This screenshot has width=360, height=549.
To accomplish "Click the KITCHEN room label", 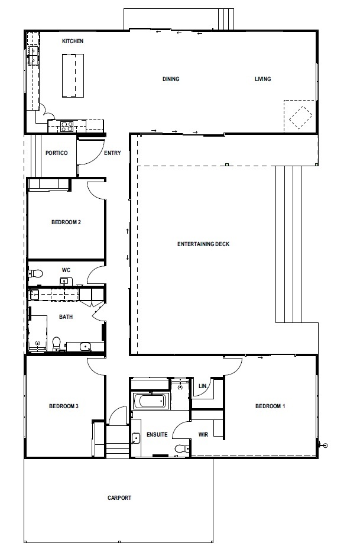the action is (73, 41).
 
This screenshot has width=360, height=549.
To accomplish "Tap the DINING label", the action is (171, 79).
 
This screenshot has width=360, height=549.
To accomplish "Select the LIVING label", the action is (262, 79).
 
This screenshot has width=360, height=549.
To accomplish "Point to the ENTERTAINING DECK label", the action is (203, 244).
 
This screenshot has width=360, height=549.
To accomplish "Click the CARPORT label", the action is (119, 498).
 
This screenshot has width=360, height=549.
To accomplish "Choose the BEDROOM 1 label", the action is (270, 406).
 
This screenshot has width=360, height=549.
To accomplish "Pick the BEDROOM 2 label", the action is (66, 222).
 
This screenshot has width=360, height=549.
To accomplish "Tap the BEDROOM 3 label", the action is (64, 406).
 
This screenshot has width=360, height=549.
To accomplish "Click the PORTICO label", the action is (56, 153).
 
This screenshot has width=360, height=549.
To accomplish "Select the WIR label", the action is (203, 434).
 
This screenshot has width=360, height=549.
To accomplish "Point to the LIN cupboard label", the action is (203, 386).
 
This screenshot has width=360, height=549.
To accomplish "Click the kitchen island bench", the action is (73, 75).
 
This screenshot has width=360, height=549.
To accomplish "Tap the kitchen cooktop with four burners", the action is (67, 126).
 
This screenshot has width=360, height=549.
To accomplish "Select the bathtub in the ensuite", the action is (151, 401).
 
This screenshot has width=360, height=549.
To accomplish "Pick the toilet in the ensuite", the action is (182, 448).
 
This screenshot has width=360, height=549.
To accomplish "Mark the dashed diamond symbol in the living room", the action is (300, 117).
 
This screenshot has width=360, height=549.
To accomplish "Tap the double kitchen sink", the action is (33, 56).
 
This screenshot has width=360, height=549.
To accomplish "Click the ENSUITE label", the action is (157, 434).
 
